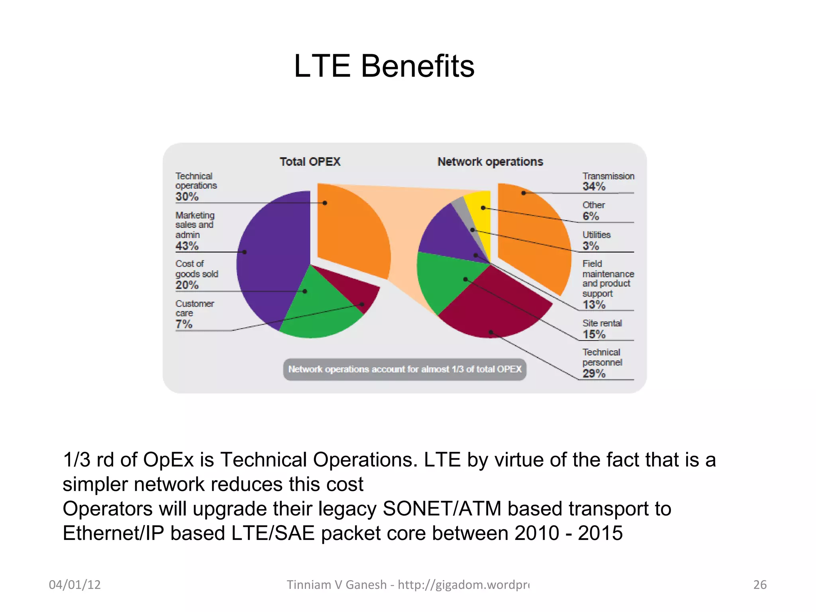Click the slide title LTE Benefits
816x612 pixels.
[384, 66]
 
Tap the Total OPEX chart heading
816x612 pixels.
[310, 162]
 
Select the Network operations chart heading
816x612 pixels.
[490, 162]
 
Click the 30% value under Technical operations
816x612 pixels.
[187, 196]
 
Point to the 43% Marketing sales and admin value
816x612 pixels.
[187, 246]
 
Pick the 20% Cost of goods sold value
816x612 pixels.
[187, 285]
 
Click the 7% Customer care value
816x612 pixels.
[184, 324]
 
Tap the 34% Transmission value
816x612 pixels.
[594, 186]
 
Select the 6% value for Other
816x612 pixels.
[590, 216]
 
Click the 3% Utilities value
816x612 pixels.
[590, 246]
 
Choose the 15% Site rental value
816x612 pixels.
[594, 334]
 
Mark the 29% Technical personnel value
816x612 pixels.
[594, 373]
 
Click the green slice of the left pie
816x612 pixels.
[315, 307]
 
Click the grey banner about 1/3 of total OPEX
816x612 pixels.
[404, 369]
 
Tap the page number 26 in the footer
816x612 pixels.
[760, 585]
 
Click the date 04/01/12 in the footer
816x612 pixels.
[75, 585]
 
